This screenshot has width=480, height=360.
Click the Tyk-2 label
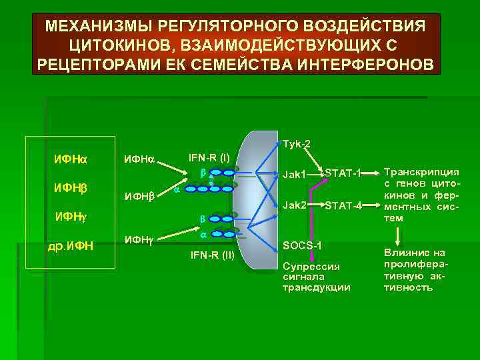click(297, 144)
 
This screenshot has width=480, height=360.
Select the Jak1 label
click(294, 175)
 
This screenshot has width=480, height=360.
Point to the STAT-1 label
click(343, 174)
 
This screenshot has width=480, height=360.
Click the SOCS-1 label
click(303, 245)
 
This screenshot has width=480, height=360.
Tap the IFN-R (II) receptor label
click(212, 255)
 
